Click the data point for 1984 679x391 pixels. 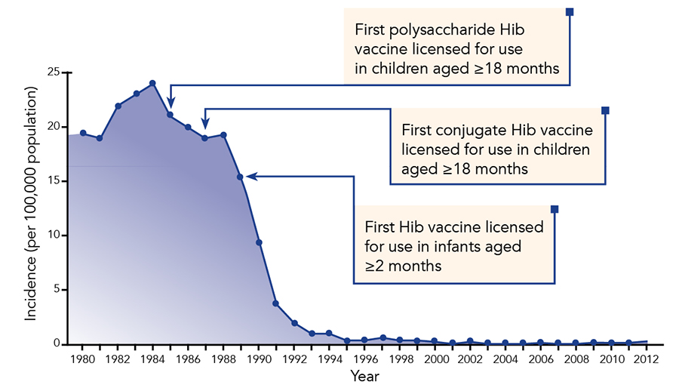(152, 83)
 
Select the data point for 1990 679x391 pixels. (259, 242)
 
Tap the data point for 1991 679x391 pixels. (275, 303)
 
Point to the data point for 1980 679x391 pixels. (83, 133)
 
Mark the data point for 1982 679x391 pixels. (118, 106)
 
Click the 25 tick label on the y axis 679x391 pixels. (54, 72)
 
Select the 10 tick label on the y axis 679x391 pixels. (54, 235)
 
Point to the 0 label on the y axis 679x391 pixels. (57, 343)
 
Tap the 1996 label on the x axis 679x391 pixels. (365, 359)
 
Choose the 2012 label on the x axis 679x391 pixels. (646, 359)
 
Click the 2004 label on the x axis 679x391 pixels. (505, 359)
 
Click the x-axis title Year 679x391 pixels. (364, 376)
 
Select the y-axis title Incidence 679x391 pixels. (30, 288)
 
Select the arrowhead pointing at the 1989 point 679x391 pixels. (251, 177)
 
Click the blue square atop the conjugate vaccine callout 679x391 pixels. (605, 110)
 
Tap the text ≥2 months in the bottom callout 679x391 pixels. (403, 266)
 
